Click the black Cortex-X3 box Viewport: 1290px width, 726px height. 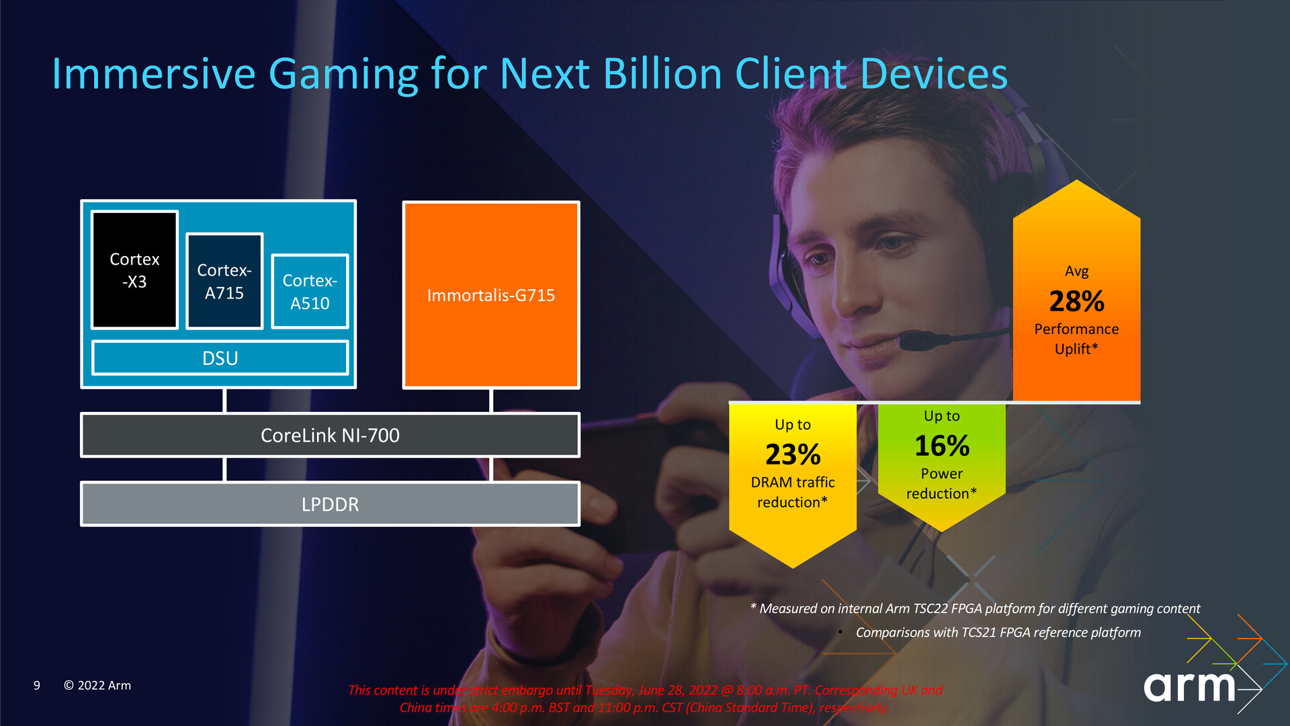[x=134, y=270]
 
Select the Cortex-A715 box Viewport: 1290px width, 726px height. [x=224, y=281]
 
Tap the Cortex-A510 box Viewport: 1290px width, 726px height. [x=310, y=292]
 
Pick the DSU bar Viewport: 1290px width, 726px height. [x=220, y=358]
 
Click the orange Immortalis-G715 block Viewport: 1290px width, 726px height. [x=491, y=295]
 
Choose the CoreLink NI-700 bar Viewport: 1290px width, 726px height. [x=330, y=435]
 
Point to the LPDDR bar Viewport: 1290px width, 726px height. [x=330, y=504]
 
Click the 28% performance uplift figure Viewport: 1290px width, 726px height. [x=1076, y=301]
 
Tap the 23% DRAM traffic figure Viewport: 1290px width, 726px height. [x=793, y=454]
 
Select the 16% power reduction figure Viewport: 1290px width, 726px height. [x=942, y=446]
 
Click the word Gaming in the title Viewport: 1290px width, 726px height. [x=343, y=74]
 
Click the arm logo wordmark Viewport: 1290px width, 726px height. [x=1189, y=686]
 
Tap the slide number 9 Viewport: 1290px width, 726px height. [x=37, y=685]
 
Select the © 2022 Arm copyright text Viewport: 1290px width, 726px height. [x=97, y=685]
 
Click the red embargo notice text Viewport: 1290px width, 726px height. [x=645, y=698]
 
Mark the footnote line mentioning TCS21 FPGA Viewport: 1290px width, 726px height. [x=998, y=632]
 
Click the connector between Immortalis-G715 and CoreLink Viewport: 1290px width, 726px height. [x=491, y=401]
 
